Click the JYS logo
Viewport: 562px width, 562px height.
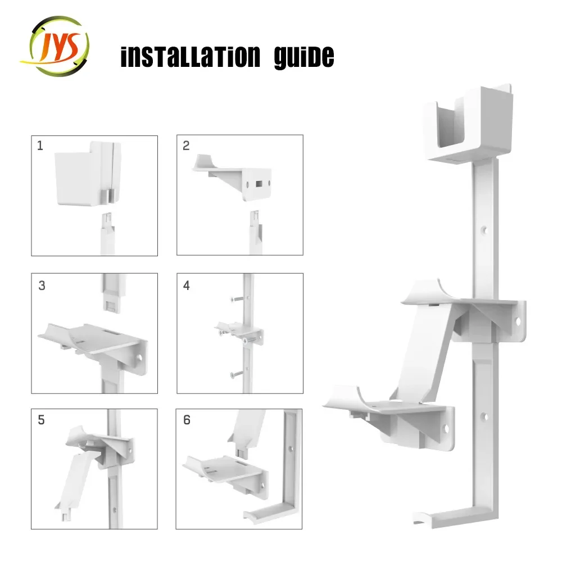[55, 47]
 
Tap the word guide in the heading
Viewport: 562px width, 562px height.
[303, 58]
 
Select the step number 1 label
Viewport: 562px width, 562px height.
[40, 146]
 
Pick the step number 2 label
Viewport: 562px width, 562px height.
[186, 146]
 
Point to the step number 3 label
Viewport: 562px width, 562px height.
[42, 285]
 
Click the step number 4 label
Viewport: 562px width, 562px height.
[187, 285]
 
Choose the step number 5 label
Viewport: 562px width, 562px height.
[41, 420]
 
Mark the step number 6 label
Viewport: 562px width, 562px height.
[187, 420]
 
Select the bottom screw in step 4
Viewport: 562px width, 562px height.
[238, 373]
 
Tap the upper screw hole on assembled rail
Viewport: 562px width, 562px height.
[483, 229]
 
